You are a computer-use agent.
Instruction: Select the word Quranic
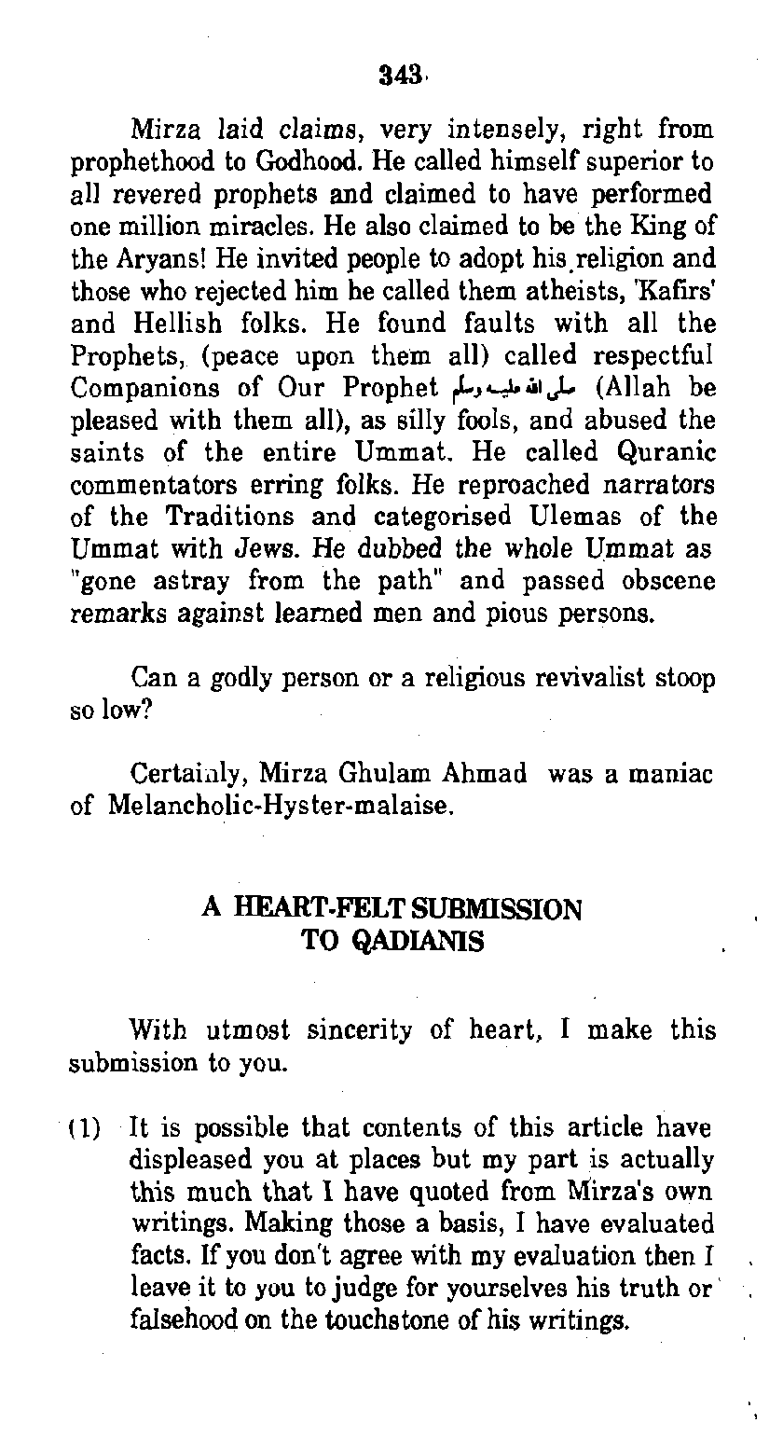click(x=666, y=454)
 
